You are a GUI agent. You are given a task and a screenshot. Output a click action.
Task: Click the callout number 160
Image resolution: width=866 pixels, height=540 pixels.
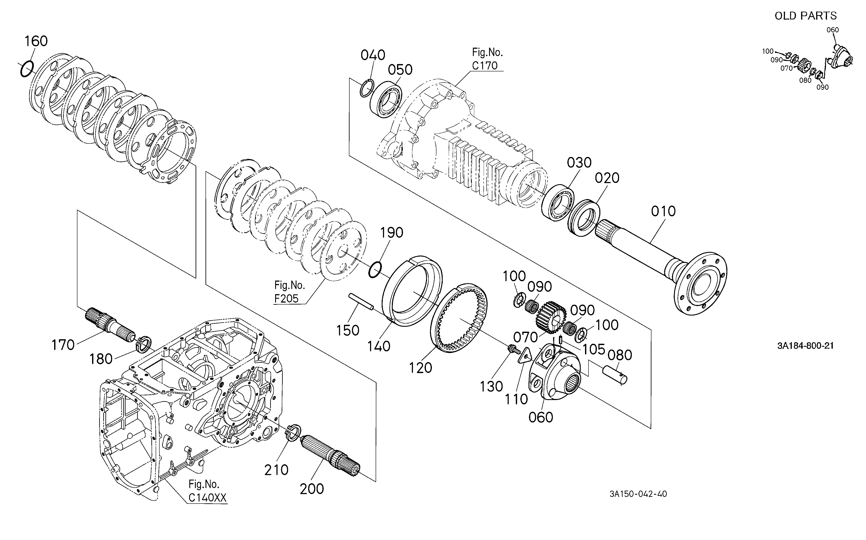[36, 41]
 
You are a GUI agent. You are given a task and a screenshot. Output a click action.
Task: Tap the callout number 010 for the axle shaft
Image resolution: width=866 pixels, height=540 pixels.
[663, 211]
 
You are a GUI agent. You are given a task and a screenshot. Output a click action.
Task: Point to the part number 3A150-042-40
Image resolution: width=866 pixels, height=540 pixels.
[638, 494]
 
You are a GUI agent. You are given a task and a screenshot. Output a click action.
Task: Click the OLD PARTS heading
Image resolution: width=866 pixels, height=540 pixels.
[805, 16]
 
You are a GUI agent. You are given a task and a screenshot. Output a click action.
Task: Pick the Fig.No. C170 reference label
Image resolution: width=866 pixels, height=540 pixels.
[487, 59]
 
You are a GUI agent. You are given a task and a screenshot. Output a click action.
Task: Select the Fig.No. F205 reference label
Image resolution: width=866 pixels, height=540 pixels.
[289, 292]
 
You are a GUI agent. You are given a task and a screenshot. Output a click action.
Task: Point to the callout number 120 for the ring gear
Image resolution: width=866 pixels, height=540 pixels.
[420, 367]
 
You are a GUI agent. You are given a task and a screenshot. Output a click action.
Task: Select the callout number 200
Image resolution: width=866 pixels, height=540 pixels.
[312, 489]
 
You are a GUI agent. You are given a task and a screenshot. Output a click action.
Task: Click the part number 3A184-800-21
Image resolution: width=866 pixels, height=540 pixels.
[805, 346]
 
